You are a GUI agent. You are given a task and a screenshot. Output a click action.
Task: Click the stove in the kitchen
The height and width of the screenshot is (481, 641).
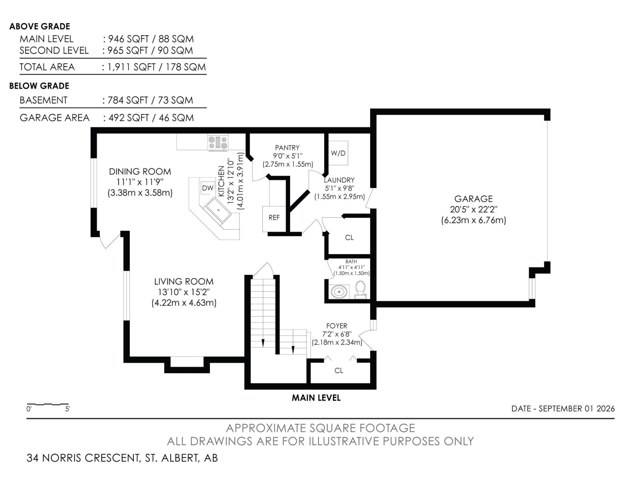[x=218, y=143]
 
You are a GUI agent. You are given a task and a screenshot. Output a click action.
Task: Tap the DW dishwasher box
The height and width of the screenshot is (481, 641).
[x=208, y=188]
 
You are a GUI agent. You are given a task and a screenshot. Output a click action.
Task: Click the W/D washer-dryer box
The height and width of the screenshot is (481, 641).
[x=338, y=153]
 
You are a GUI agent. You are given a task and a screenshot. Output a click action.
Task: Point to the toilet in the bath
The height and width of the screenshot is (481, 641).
[x=361, y=289]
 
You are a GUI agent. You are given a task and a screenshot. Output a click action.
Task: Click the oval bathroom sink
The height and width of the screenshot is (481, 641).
[x=339, y=291]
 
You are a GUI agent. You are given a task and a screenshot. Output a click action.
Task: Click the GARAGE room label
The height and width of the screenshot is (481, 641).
[x=474, y=199]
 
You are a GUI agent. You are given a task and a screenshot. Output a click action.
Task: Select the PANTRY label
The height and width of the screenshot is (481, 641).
[x=287, y=148]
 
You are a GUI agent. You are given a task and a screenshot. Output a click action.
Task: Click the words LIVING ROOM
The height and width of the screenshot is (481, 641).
[x=183, y=281]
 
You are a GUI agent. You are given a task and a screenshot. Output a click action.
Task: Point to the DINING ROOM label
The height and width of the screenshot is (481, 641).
[x=140, y=172]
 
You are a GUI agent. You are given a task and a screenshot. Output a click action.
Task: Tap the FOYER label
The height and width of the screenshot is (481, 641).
[x=337, y=326]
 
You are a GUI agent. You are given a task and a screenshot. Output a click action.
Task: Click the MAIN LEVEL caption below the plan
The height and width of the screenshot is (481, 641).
[x=316, y=398]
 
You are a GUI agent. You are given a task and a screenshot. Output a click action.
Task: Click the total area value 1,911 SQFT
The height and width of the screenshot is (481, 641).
[x=131, y=67]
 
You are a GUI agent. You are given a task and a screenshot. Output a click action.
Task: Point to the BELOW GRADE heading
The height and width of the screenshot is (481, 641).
[x=39, y=86]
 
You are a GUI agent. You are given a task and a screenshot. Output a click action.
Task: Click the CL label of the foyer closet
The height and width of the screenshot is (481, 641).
[x=339, y=371]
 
